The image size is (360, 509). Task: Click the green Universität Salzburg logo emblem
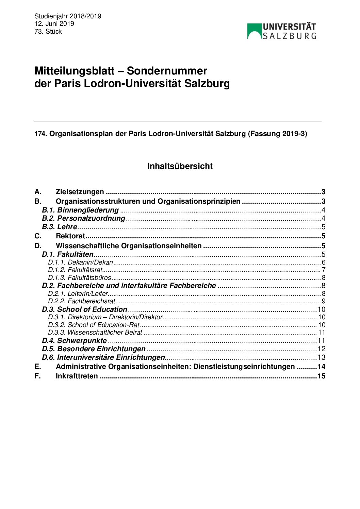pyautogui.click(x=254, y=31)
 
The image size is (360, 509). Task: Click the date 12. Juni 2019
pyautogui.click(x=54, y=23)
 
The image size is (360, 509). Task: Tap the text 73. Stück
pyautogui.click(x=48, y=31)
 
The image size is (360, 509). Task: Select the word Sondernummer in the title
pyautogui.click(x=167, y=71)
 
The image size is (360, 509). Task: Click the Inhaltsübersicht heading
pyautogui.click(x=180, y=166)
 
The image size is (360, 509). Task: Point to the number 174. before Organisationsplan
pyautogui.click(x=41, y=134)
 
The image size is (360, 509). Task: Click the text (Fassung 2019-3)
pyautogui.click(x=277, y=134)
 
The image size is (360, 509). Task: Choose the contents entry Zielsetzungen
pyautogui.click(x=80, y=192)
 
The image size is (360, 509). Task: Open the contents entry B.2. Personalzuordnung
pyautogui.click(x=84, y=218)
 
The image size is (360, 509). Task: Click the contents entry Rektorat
pyautogui.click(x=70, y=236)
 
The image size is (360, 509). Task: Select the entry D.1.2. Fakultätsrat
pyautogui.click(x=75, y=270)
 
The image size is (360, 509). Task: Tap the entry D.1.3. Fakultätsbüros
pyautogui.click(x=80, y=277)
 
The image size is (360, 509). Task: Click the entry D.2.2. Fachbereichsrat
pyautogui.click(x=82, y=301)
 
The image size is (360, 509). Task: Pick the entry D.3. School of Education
pyautogui.click(x=84, y=309)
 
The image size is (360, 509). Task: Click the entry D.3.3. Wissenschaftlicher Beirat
pyautogui.click(x=95, y=332)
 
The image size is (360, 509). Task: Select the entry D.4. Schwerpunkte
pyautogui.click(x=74, y=341)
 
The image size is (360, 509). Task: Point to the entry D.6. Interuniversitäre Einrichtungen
pyautogui.click(x=103, y=357)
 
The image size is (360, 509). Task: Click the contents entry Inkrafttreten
pyautogui.click(x=77, y=376)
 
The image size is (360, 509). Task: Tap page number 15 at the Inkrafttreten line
pyautogui.click(x=321, y=376)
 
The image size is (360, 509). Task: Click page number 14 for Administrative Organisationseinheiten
pyautogui.click(x=321, y=367)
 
